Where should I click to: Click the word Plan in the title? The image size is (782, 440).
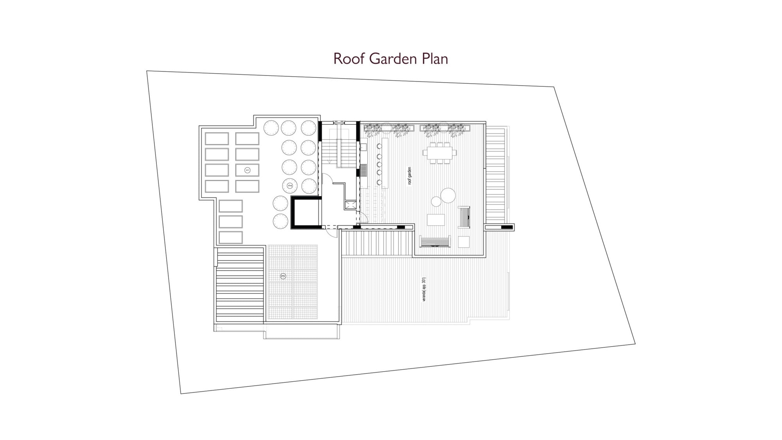[435, 59]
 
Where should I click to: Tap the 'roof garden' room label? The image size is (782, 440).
[410, 176]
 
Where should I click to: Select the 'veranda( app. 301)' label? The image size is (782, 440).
[424, 289]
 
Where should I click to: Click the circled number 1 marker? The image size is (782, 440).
[247, 170]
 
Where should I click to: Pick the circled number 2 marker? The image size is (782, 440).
[290, 186]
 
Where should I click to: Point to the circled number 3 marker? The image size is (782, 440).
[283, 276]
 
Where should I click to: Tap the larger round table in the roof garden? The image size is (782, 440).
[448, 195]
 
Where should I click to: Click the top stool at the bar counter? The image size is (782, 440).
[379, 146]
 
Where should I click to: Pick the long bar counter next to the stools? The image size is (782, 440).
[385, 163]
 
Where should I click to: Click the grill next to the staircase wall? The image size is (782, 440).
[364, 171]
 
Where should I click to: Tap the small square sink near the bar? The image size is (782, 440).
[363, 147]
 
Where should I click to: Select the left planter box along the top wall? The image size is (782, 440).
[389, 128]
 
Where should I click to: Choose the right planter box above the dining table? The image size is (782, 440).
[445, 128]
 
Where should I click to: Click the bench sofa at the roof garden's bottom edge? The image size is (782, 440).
[435, 241]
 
